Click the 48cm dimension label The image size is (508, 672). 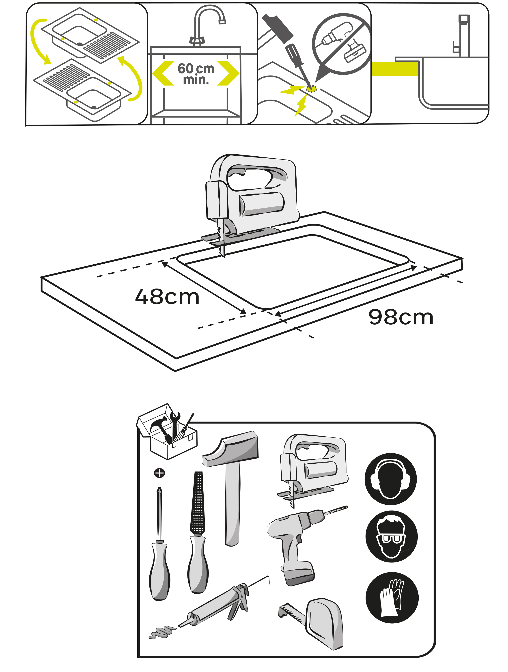[x=167, y=297]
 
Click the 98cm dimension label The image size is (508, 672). [x=401, y=317]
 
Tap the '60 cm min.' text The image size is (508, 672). [x=196, y=74]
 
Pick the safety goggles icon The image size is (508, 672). [x=391, y=536]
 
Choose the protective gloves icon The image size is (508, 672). [x=392, y=598]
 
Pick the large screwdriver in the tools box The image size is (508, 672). [x=159, y=544]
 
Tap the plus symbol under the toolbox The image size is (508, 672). [x=159, y=473]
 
